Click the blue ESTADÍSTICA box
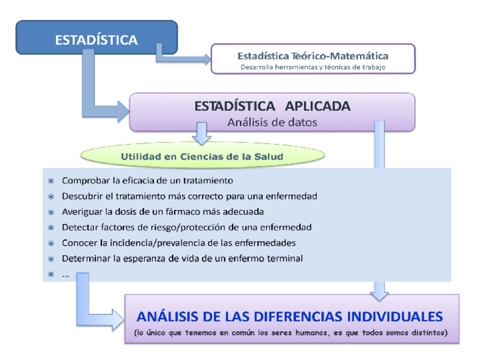point(96,40)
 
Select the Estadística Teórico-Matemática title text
point(312,55)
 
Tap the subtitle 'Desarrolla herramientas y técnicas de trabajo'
point(312,67)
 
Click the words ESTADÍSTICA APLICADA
point(272,106)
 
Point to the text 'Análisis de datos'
point(272,122)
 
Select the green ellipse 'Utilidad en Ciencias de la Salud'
point(202,156)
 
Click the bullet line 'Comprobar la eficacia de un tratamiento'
point(147,181)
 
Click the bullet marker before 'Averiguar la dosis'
point(51,212)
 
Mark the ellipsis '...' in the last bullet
point(66,274)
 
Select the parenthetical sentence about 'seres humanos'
point(291,332)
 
